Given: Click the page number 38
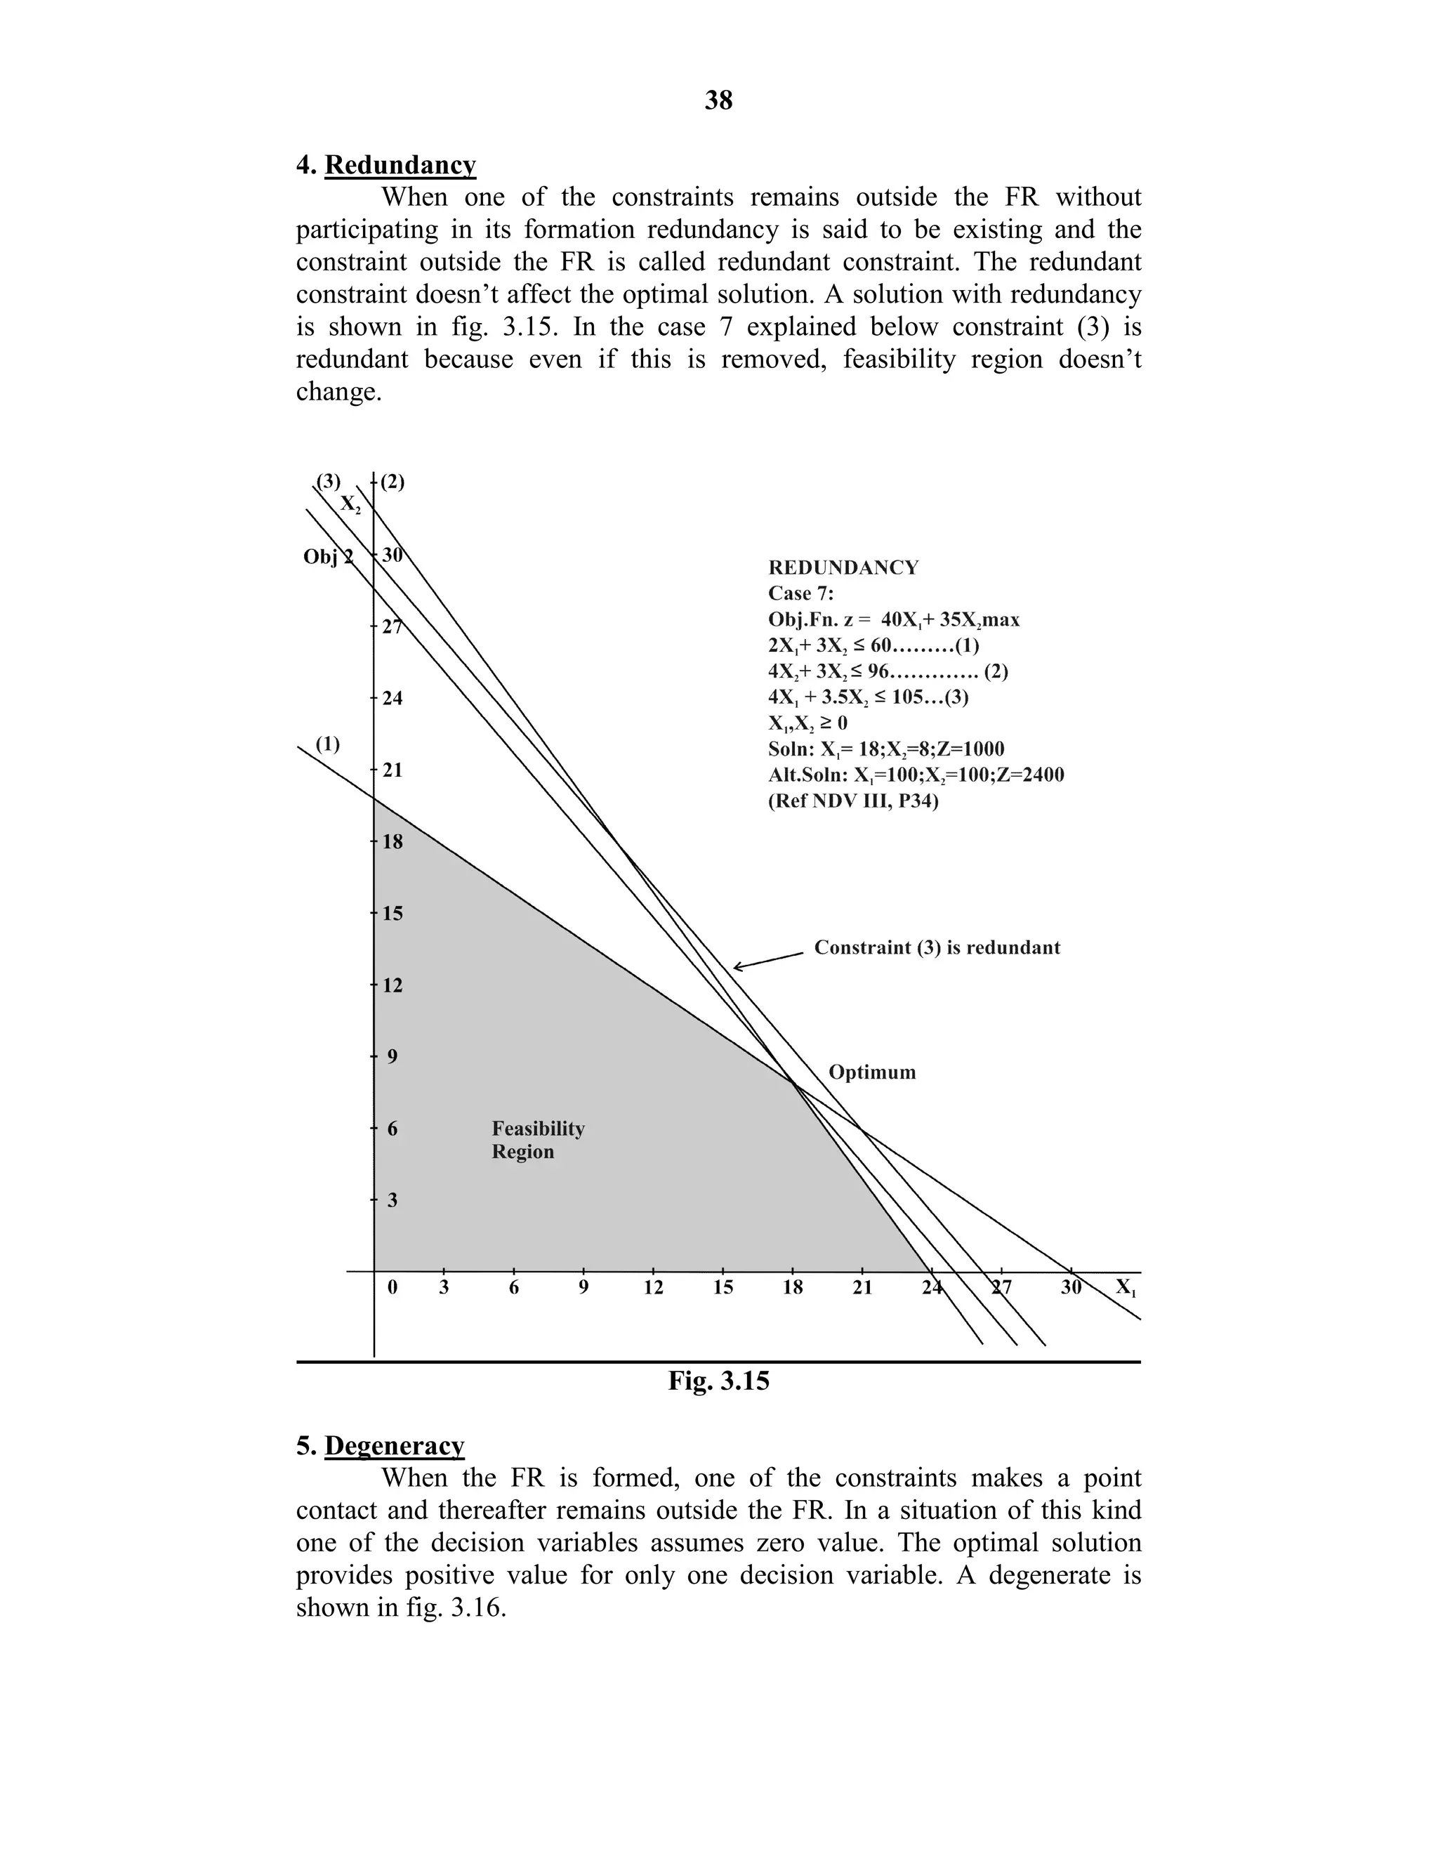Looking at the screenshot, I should click(718, 100).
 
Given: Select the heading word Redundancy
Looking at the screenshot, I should click(400, 164).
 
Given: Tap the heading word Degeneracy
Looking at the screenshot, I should click(394, 1445).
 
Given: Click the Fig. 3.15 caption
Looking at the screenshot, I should click(718, 1381).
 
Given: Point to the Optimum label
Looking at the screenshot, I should click(871, 1072).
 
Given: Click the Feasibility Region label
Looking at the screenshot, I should click(538, 1140).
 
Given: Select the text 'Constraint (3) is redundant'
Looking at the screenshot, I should click(937, 947).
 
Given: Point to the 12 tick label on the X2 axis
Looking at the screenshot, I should click(392, 985).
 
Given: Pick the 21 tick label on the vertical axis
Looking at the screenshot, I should click(392, 770).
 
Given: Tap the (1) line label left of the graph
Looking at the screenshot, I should click(328, 743).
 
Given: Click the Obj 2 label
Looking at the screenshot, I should click(328, 558).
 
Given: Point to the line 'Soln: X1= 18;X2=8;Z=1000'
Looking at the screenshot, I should click(886, 749).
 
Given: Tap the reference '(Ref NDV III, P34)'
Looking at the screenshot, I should click(852, 801).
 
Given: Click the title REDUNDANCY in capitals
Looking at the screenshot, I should click(843, 567).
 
